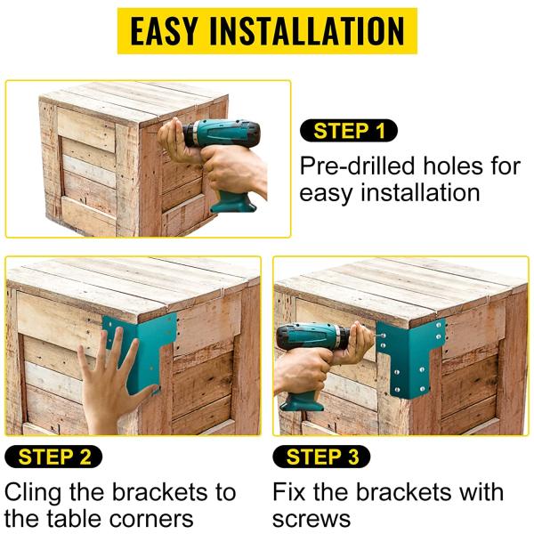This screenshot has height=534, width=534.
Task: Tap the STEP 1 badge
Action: coord(350,132)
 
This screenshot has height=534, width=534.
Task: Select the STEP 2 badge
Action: coord(54,457)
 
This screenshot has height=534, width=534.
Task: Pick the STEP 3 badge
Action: coord(322,457)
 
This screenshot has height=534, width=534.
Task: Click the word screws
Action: coord(311,519)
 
